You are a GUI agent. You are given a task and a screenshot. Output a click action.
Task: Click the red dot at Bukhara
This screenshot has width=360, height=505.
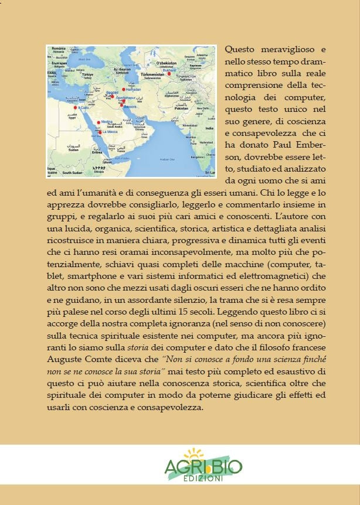169,74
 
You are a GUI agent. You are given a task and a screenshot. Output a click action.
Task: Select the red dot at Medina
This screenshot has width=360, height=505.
98,122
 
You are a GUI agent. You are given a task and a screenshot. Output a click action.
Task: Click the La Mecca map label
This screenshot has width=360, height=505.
110,133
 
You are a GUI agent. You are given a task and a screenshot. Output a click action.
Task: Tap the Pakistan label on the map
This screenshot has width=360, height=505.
181,108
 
